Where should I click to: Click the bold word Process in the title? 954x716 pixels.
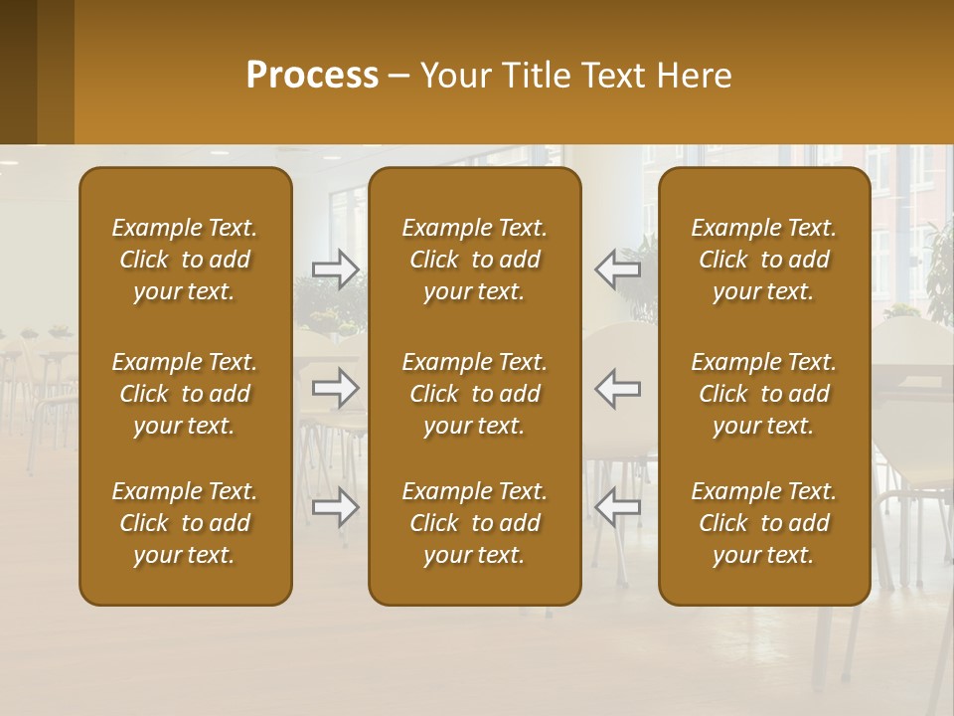tap(312, 76)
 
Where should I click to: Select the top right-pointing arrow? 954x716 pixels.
tap(336, 269)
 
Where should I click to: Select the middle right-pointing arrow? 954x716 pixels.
tap(336, 388)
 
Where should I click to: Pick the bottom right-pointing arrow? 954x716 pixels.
tap(336, 507)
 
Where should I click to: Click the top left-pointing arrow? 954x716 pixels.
tap(617, 269)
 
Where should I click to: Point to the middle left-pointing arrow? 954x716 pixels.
tap(617, 388)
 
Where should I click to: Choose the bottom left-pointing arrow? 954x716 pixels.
tap(617, 507)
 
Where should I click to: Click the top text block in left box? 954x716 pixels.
tap(185, 260)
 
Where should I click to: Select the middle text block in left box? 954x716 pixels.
tap(185, 394)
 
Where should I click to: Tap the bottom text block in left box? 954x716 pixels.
tap(185, 523)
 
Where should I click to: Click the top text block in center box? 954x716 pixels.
tap(474, 260)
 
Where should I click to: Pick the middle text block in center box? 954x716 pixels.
tap(474, 394)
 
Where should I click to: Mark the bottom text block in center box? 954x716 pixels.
tap(474, 523)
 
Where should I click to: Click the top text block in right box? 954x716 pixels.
tap(763, 260)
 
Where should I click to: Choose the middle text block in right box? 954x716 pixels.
tap(763, 394)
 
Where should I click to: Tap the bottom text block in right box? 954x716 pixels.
tap(763, 523)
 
